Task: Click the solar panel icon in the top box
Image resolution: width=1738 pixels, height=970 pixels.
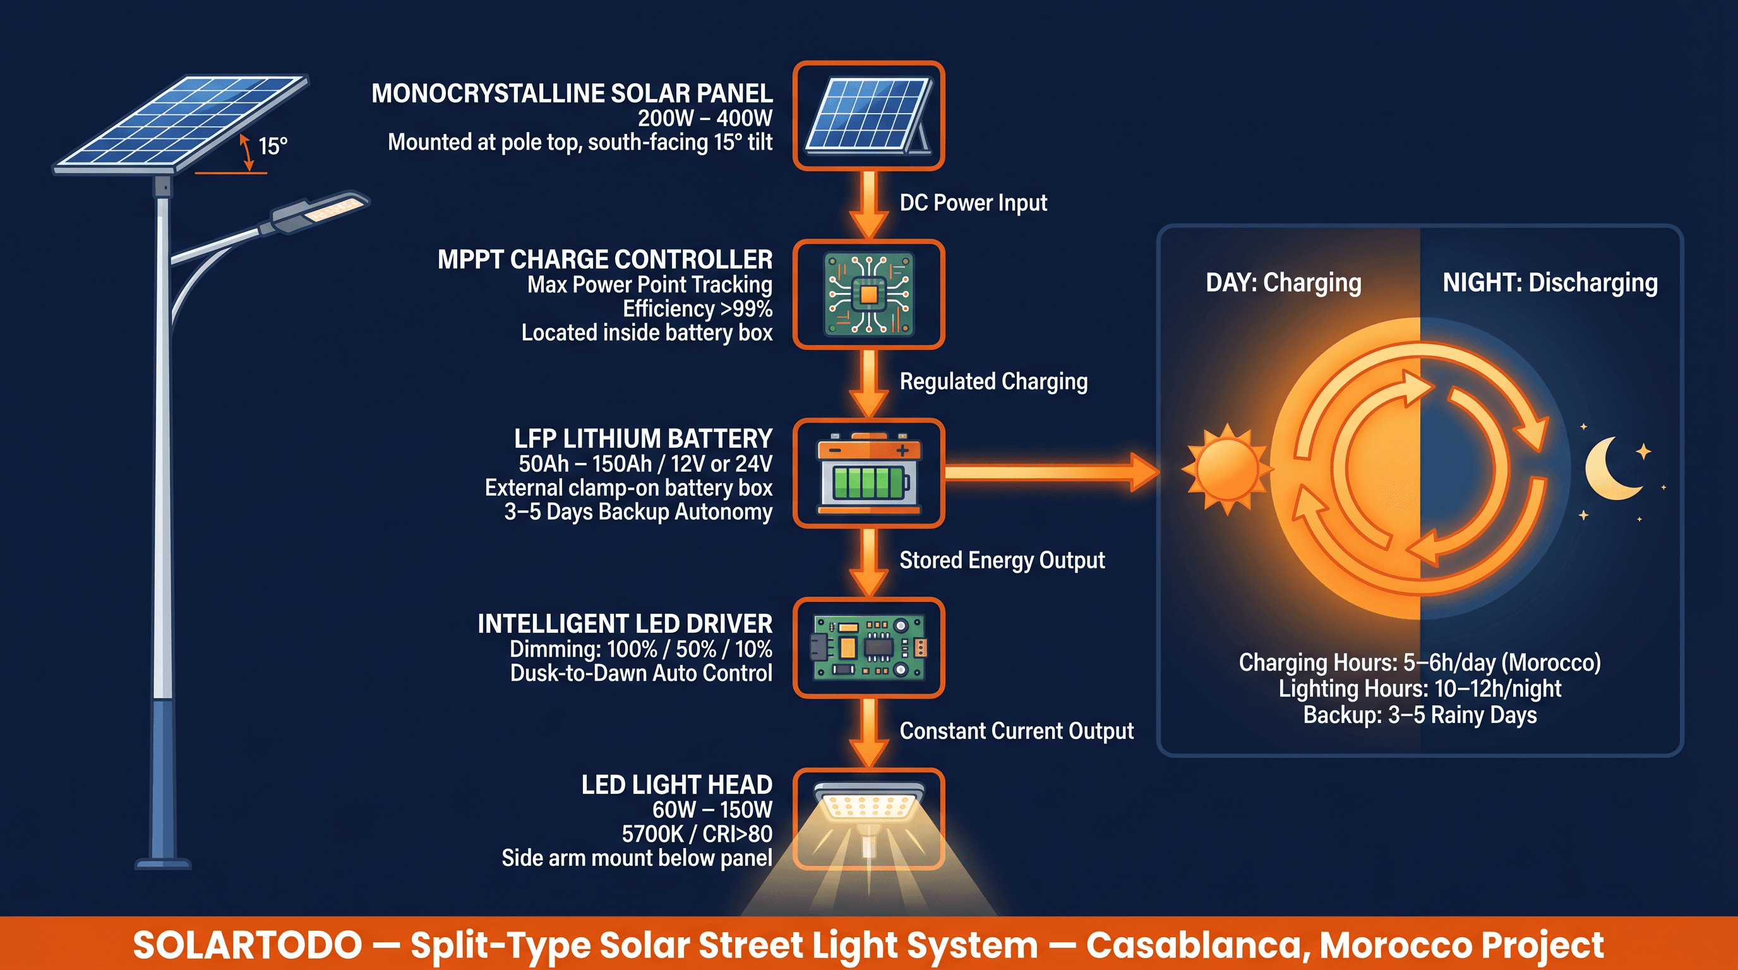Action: tap(868, 116)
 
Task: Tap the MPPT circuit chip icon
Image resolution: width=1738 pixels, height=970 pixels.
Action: tap(868, 295)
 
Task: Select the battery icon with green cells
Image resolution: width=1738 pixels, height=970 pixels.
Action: tap(868, 474)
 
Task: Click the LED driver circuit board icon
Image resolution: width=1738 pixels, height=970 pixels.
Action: tap(868, 647)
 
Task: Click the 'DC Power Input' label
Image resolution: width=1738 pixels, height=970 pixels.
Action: tap(973, 203)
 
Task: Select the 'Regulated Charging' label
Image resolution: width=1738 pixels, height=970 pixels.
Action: tap(993, 382)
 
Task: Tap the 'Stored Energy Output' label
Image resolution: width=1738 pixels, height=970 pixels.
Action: tap(1002, 561)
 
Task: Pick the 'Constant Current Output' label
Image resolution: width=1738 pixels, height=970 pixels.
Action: tap(1016, 731)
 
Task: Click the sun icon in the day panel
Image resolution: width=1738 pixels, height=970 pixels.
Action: tap(1226, 469)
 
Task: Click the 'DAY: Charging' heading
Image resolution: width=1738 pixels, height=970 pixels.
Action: tap(1283, 283)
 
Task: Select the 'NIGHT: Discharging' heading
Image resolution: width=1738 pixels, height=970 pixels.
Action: tap(1550, 283)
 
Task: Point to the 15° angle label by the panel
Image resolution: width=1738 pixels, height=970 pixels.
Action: tap(273, 146)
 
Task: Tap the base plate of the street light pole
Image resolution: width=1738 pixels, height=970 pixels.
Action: tap(164, 863)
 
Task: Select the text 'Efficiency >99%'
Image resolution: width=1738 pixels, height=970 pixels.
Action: tap(697, 309)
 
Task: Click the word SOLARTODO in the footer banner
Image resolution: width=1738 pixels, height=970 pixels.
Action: tap(247, 945)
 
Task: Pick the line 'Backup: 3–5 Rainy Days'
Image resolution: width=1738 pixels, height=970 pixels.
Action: tap(1420, 715)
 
